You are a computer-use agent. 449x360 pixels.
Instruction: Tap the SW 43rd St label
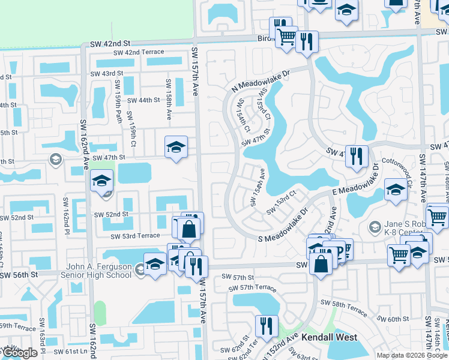[x=106, y=74]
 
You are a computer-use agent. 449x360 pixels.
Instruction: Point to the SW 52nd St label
[x=111, y=215]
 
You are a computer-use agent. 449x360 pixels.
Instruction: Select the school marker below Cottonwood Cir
[x=396, y=190]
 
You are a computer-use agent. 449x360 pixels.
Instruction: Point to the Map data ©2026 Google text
[x=411, y=355]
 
